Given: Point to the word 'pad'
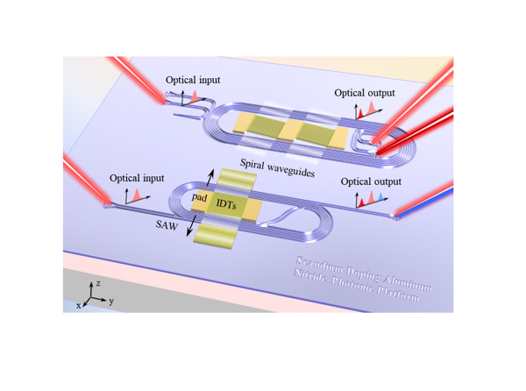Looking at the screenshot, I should point(201,201).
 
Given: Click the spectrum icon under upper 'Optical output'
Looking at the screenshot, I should point(365,110).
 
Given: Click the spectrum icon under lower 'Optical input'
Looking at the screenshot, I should point(132,194).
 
